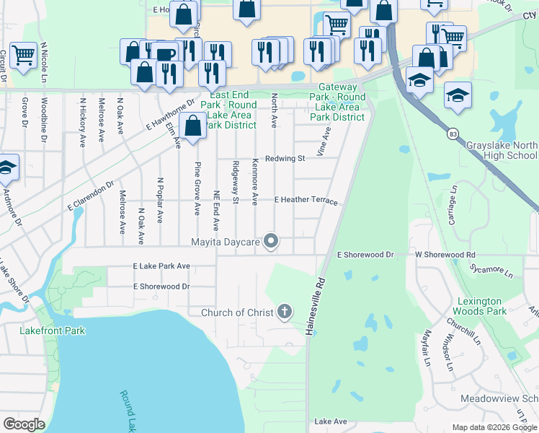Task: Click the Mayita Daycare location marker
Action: pyautogui.click(x=271, y=241)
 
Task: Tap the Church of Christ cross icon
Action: pyautogui.click(x=285, y=312)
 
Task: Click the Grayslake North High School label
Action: pyautogui.click(x=502, y=149)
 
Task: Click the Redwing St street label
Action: pyautogui.click(x=285, y=158)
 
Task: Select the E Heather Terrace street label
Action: pyautogui.click(x=306, y=200)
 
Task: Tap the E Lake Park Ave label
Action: pyautogui.click(x=161, y=266)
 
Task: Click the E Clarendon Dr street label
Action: pyautogui.click(x=89, y=195)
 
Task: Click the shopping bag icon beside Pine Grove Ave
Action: pyautogui.click(x=193, y=126)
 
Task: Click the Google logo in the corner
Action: pyautogui.click(x=24, y=424)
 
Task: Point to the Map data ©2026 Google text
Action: pyautogui.click(x=494, y=427)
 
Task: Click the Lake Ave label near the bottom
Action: pyautogui.click(x=331, y=421)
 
